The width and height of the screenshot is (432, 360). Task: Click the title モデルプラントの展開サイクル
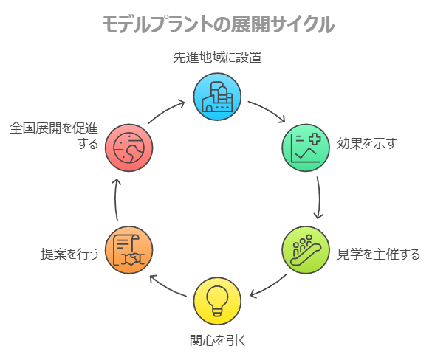point(219,24)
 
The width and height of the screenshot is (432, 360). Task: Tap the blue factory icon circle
point(217,97)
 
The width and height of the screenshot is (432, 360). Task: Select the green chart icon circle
point(306,148)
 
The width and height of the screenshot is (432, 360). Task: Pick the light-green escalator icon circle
point(306,250)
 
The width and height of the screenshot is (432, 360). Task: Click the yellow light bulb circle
point(217,301)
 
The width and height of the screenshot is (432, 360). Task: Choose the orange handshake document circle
point(129,250)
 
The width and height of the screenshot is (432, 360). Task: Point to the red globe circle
point(129,148)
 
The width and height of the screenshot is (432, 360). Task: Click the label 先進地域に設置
point(217,58)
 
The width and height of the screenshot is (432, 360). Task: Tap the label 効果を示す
point(367,144)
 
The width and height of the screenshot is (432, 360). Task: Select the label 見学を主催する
point(379,254)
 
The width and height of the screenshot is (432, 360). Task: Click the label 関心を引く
point(218,341)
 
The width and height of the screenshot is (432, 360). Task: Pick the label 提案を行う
point(69,254)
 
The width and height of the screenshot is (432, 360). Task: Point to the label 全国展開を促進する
point(54,136)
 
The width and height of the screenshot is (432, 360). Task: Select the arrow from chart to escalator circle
point(319,198)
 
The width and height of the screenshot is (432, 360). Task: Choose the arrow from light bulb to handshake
point(166,288)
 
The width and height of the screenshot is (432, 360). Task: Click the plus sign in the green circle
point(315,139)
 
